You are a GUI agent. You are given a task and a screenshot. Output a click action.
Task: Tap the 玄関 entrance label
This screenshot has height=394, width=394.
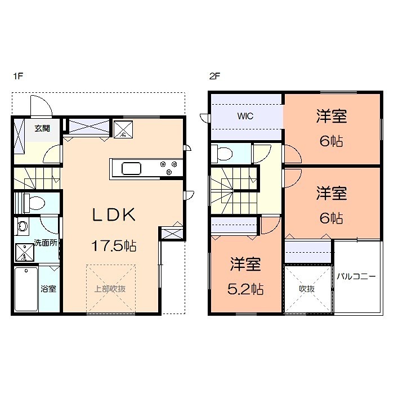click(x=42, y=128)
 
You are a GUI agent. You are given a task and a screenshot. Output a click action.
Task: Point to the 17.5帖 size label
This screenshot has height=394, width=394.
click(x=114, y=246)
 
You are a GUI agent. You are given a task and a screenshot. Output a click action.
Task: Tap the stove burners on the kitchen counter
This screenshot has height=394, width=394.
click(x=168, y=168)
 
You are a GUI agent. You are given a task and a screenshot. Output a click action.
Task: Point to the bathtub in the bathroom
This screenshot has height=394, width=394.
click(x=25, y=289)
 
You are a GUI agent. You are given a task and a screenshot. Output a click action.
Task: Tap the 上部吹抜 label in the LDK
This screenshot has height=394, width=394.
click(x=109, y=289)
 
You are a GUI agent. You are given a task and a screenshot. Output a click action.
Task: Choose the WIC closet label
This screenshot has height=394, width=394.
click(x=245, y=117)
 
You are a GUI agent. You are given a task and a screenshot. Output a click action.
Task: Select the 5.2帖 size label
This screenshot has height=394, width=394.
click(x=246, y=289)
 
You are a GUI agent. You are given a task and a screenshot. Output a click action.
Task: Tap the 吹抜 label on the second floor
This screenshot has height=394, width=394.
click(x=306, y=289)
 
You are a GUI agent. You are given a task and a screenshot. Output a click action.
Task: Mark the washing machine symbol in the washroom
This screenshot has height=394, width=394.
click(x=24, y=252)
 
